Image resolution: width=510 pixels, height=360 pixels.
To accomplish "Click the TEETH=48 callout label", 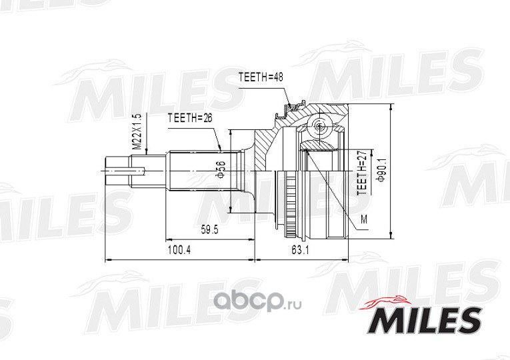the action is click(261, 77).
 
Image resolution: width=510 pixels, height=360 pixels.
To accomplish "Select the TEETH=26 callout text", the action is click(189, 118).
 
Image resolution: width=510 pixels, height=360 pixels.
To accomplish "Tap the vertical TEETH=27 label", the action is click(362, 172).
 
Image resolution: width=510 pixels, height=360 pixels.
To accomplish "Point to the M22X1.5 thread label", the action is click(137, 132).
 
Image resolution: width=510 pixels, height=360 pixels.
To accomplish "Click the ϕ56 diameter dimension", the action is click(221, 169).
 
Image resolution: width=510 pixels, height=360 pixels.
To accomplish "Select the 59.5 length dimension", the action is click(209, 230).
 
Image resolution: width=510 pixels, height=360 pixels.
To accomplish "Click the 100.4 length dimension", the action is click(179, 250).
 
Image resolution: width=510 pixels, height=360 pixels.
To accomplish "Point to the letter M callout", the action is click(363, 220).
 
